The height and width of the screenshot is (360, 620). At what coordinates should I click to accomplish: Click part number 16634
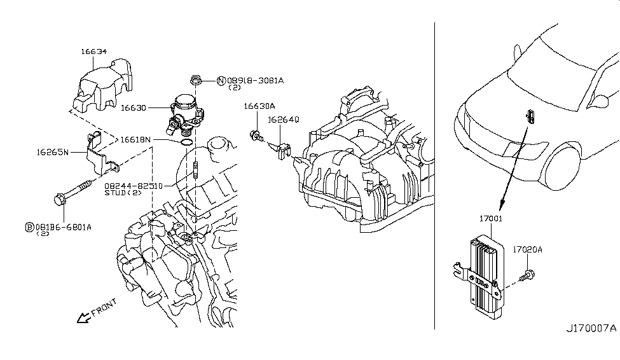[93, 52]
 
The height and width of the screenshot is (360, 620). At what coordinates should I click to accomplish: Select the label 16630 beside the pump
[133, 108]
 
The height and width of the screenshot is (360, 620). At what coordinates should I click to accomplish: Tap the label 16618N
[136, 139]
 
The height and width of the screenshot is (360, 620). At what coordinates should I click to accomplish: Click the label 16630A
[258, 107]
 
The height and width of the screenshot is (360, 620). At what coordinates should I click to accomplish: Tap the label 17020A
[527, 250]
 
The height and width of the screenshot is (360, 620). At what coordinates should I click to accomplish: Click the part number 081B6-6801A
[63, 226]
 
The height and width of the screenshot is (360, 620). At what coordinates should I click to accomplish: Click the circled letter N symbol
[221, 81]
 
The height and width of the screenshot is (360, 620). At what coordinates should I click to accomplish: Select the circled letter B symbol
[29, 226]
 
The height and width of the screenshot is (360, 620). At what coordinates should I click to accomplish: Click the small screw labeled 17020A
[527, 275]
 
